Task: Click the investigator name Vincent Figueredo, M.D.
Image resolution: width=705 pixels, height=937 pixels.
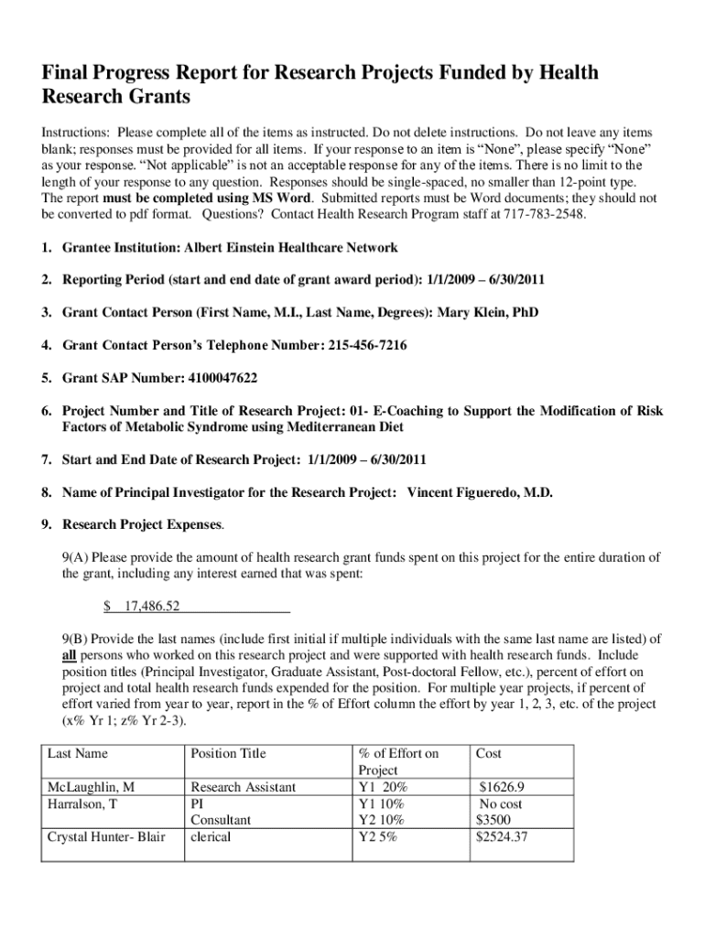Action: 480,492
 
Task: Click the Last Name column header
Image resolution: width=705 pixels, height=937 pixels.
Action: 77,753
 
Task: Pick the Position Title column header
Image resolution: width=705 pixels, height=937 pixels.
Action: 227,753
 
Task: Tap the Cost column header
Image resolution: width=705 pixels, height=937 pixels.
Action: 489,753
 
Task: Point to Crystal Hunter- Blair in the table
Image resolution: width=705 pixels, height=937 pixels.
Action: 105,836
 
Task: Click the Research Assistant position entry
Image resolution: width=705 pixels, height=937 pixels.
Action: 243,787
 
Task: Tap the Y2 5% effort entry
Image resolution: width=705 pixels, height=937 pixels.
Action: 378,836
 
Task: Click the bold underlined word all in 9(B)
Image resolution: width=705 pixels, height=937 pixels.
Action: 70,655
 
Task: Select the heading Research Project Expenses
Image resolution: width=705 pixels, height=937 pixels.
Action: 142,525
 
